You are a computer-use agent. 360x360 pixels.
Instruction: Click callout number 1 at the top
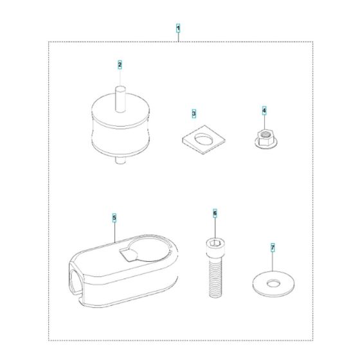tap(178, 29)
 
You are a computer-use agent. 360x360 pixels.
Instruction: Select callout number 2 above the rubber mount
tap(120, 64)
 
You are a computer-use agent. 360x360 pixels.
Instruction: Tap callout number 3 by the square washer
tap(194, 114)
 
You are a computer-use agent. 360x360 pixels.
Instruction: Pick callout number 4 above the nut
tap(264, 111)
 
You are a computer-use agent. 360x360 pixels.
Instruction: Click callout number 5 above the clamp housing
tap(114, 218)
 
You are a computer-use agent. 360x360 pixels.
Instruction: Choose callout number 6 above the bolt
tap(215, 212)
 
